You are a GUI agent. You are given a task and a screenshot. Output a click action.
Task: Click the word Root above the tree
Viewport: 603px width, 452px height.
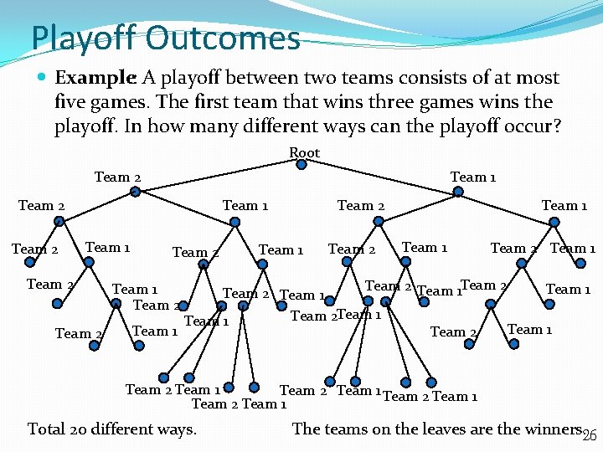point(304,152)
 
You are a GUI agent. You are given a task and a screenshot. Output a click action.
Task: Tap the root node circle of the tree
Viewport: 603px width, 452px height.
point(301,165)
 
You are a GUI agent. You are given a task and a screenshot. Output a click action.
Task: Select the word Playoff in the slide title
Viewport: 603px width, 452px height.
point(83,38)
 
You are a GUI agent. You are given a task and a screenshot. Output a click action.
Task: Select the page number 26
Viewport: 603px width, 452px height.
point(590,433)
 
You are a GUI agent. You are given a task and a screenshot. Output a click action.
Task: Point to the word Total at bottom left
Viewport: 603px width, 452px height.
point(47,429)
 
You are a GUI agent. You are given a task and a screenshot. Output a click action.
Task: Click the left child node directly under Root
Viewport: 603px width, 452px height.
point(136,192)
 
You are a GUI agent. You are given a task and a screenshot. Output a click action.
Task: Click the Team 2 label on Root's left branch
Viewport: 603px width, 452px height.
point(117,177)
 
